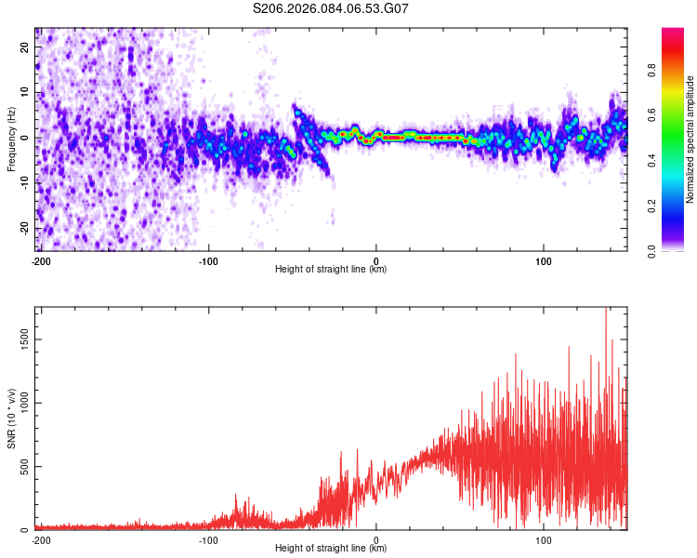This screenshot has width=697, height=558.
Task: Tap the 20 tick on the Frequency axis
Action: pos(25,47)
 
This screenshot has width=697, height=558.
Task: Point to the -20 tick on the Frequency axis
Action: pos(23,229)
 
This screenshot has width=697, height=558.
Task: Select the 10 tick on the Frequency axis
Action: pos(25,93)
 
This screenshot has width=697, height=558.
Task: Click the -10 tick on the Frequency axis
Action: pos(23,183)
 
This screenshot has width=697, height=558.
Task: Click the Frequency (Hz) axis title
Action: pos(11,139)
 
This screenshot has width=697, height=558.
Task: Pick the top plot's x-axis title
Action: pos(331,270)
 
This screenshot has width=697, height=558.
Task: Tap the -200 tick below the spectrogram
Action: pos(40,260)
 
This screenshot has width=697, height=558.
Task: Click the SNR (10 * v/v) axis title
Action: pos(11,418)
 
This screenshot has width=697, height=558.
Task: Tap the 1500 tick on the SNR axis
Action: pos(18,340)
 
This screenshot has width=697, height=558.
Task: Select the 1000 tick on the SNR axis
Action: pos(18,404)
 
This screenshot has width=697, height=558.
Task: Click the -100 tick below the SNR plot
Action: pos(208,539)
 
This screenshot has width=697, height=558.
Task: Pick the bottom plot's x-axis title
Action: pos(331,549)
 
